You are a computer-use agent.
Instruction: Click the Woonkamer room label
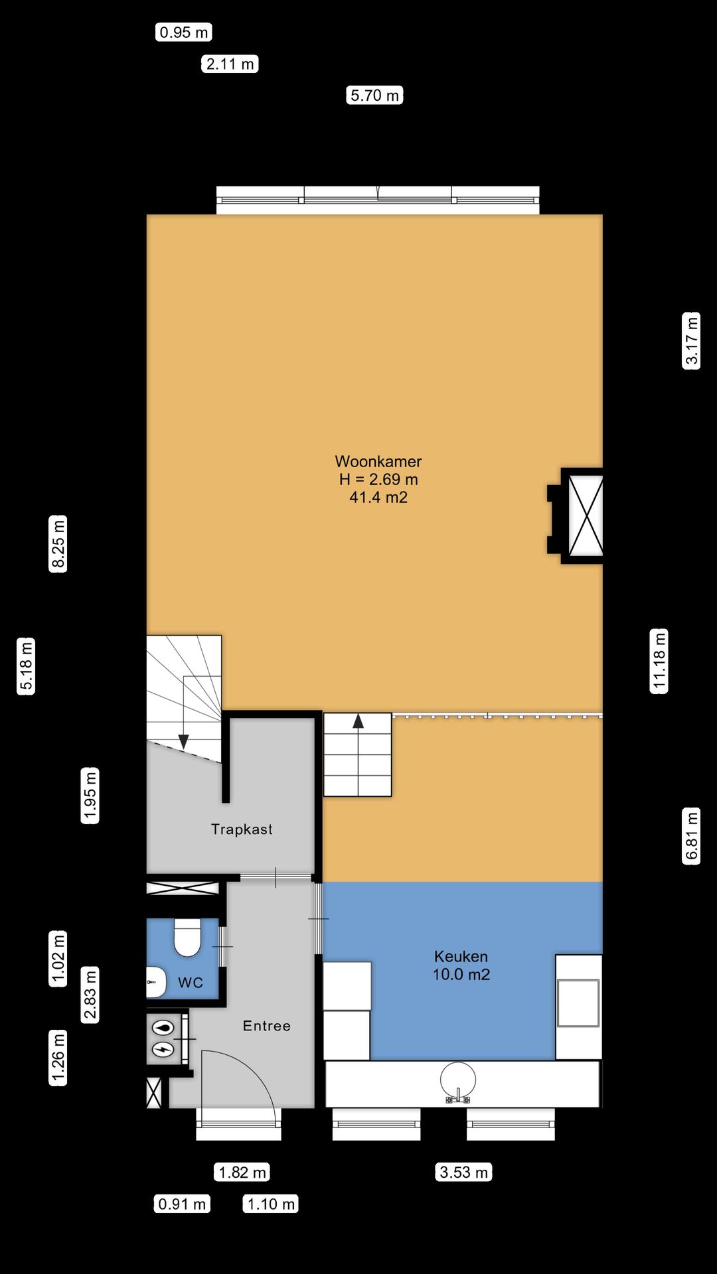point(378,461)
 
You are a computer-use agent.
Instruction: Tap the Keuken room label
point(461,956)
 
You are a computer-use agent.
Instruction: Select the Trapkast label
point(242,829)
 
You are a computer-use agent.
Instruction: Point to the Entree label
point(266,1026)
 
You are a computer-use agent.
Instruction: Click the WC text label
point(191,983)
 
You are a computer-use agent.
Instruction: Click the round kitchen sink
point(458,1080)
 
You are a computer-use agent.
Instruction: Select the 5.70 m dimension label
point(375,96)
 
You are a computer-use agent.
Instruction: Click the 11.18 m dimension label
point(659,661)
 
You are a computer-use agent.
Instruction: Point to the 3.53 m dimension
point(464,1172)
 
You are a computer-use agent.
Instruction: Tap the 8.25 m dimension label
point(58,543)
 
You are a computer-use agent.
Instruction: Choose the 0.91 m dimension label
point(182,1204)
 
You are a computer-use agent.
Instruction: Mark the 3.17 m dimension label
point(692,340)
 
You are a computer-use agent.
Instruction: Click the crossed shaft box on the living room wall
point(586,516)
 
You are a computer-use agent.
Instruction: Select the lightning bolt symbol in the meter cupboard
point(163,1050)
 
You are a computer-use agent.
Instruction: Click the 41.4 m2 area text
point(378,497)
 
